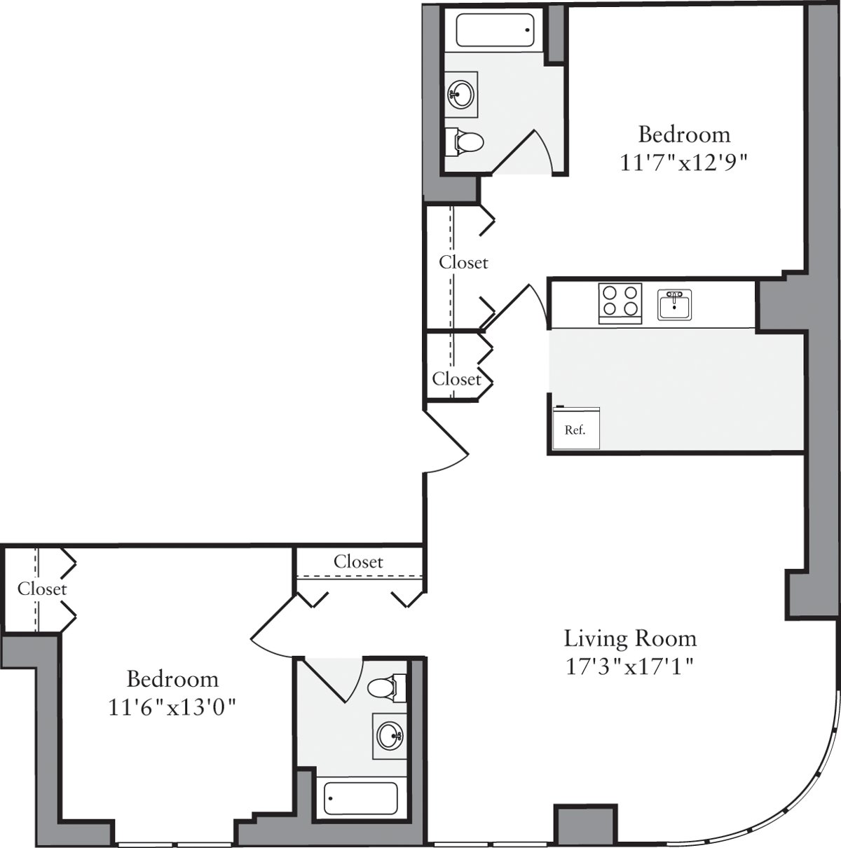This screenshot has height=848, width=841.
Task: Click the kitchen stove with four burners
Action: pyautogui.click(x=620, y=303)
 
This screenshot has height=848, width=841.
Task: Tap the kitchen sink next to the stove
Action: pyautogui.click(x=674, y=305)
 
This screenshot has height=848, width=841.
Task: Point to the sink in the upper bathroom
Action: pyautogui.click(x=461, y=93)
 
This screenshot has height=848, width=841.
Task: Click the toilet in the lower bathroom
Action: pyautogui.click(x=387, y=688)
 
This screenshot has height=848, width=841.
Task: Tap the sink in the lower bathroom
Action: pyautogui.click(x=390, y=736)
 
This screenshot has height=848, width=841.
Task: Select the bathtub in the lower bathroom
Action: pyautogui.click(x=361, y=798)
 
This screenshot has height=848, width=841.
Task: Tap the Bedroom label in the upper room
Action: pyautogui.click(x=684, y=134)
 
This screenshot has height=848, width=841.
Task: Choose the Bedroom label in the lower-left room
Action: pyautogui.click(x=172, y=679)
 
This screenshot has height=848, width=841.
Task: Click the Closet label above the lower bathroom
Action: pyautogui.click(x=358, y=561)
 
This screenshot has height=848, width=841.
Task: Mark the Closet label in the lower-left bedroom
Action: pyautogui.click(x=42, y=589)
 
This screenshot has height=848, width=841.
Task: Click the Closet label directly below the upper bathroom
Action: pyautogui.click(x=463, y=262)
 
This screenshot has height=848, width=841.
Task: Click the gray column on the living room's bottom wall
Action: pyautogui.click(x=586, y=825)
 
